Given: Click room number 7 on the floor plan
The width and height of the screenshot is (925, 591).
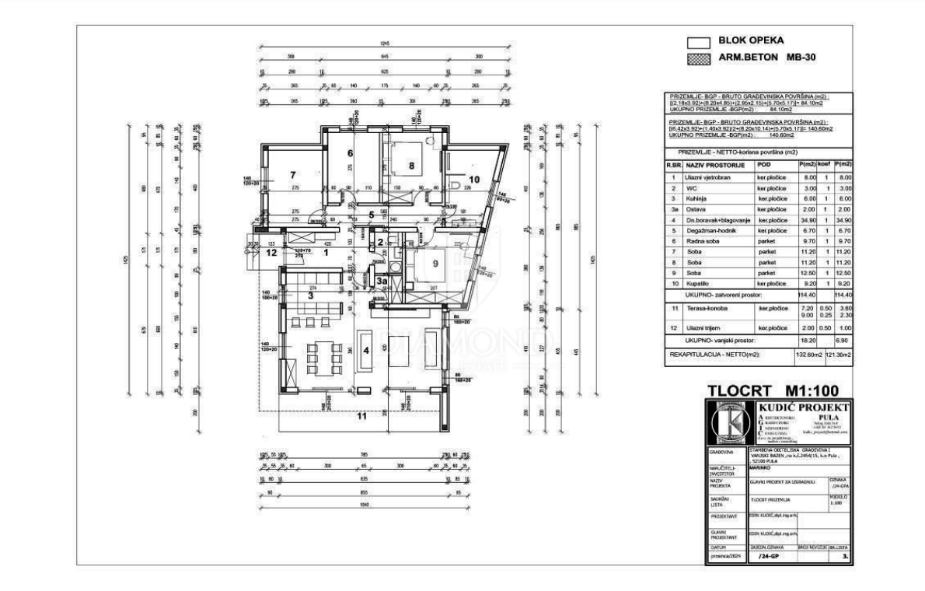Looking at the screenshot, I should [294, 176].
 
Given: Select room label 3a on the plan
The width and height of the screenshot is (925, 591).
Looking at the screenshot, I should [382, 281].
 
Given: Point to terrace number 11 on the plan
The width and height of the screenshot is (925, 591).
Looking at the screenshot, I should [361, 416].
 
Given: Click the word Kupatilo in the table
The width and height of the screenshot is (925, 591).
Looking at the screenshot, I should [698, 285].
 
